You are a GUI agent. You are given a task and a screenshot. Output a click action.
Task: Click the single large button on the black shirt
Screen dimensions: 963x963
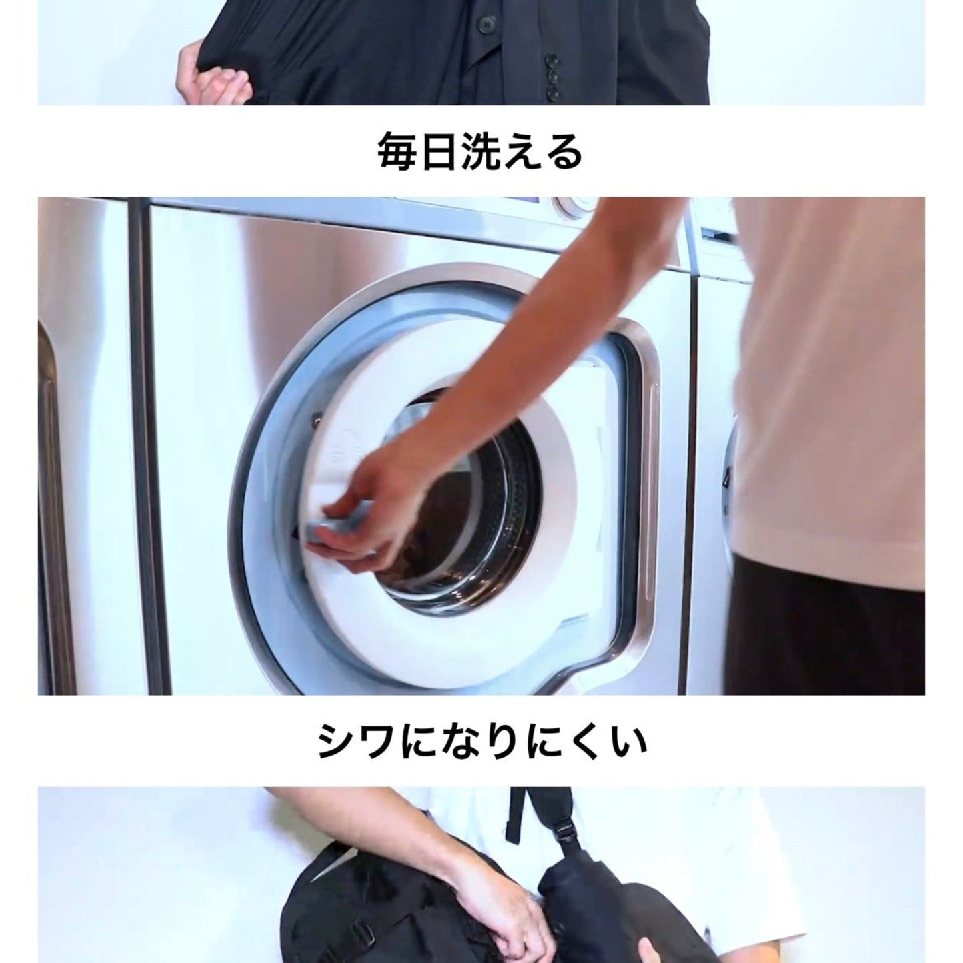[x=482, y=21]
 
